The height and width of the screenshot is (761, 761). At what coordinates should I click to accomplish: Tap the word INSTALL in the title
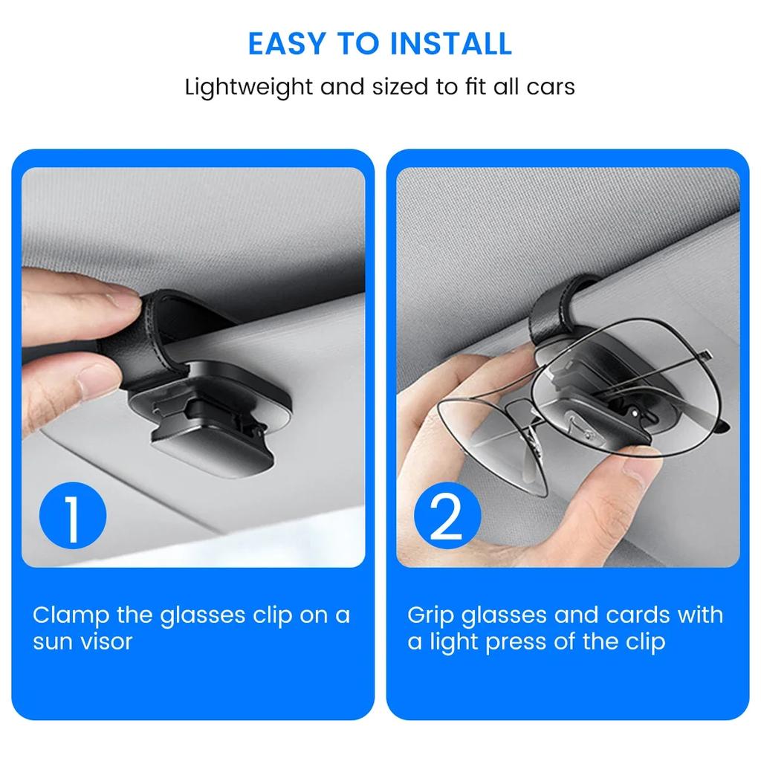(451, 44)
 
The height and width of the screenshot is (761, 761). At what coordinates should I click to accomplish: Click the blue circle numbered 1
(73, 516)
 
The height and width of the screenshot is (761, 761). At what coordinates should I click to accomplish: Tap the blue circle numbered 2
(447, 516)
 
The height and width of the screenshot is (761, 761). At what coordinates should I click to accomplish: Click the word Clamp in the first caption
(71, 616)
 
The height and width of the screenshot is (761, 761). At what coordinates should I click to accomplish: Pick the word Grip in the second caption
(431, 616)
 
